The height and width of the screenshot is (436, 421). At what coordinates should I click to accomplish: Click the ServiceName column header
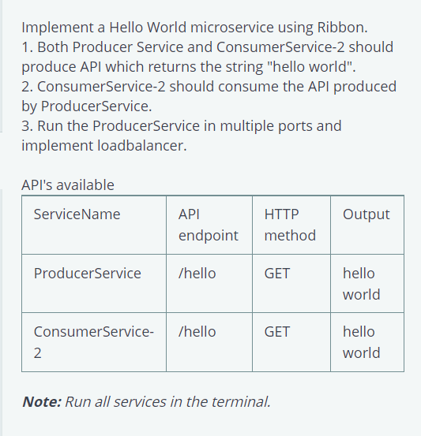(x=77, y=214)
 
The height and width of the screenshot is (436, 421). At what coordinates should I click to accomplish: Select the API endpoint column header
(x=208, y=225)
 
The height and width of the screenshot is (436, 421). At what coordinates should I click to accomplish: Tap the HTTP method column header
(x=289, y=225)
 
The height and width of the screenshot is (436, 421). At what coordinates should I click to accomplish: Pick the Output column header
(x=366, y=214)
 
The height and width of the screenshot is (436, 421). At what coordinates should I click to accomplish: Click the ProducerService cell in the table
(x=88, y=274)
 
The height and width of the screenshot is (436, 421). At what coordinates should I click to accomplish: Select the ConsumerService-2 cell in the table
(x=93, y=342)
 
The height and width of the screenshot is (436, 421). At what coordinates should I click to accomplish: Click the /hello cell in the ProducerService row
(x=197, y=274)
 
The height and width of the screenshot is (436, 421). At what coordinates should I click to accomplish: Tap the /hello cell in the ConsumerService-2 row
(x=197, y=332)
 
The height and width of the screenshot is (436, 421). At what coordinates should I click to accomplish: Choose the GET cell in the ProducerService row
(x=277, y=274)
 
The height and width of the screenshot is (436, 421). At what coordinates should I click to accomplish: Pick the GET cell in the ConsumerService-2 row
(x=277, y=332)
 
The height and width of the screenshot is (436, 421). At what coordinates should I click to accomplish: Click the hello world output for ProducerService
(x=361, y=284)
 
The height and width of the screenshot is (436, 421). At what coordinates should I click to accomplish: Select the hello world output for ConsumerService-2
(x=361, y=342)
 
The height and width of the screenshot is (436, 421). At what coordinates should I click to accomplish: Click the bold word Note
(x=40, y=401)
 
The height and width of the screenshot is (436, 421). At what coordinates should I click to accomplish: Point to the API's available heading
(x=68, y=185)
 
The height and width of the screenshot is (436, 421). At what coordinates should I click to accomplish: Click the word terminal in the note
(x=242, y=401)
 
